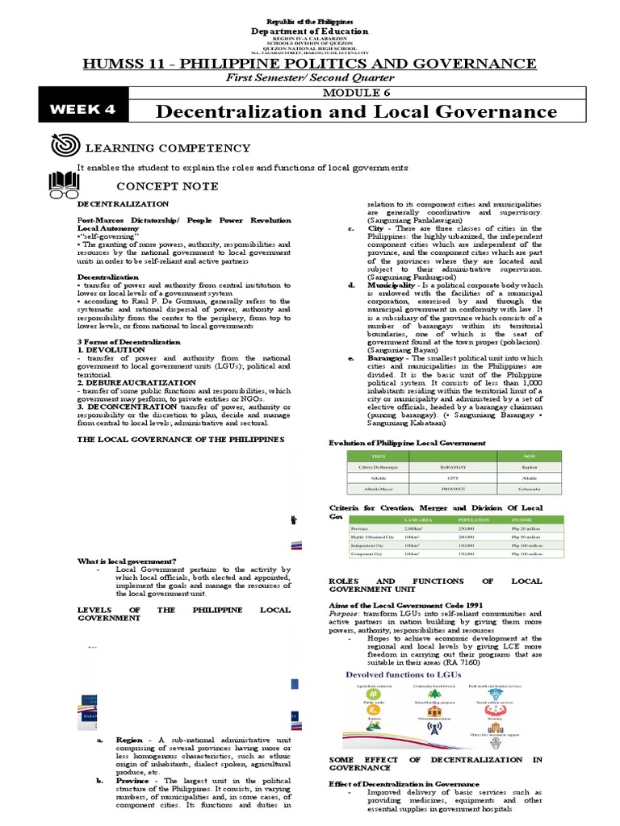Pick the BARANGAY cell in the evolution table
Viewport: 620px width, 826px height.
coord(453,465)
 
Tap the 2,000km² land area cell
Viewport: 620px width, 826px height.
coord(414,528)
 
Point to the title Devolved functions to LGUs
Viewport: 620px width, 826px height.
coord(399,674)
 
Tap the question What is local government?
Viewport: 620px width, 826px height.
coord(127,561)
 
